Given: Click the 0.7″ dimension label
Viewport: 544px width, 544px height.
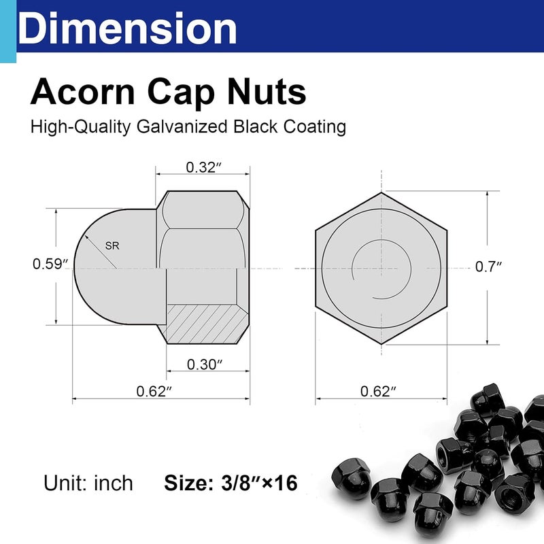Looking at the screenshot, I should (488, 267).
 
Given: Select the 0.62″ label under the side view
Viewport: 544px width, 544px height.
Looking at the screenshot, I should (154, 391).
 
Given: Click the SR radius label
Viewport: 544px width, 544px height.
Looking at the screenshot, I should (113, 247).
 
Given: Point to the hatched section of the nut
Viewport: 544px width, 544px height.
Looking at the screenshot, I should (204, 323).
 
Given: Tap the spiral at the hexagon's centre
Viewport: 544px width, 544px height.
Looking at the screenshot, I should (381, 269).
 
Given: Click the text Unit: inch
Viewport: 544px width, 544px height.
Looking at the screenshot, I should (88, 483).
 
